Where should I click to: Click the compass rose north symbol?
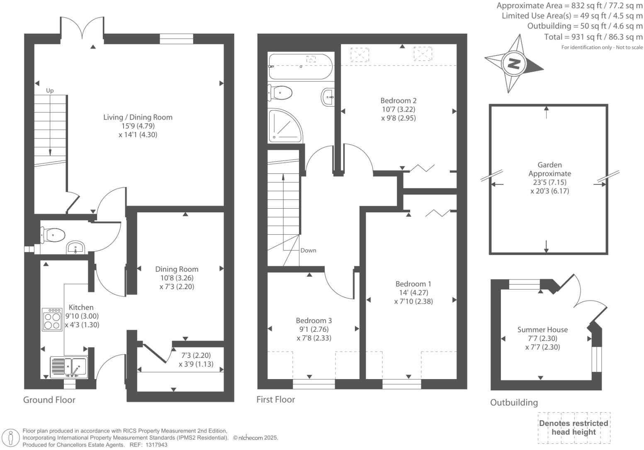[514, 64]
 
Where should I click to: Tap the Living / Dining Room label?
[138, 117]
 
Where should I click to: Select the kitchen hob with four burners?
[52, 319]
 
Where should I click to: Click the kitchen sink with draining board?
[68, 367]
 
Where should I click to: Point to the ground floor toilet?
[53, 235]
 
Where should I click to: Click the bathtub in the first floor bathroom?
[300, 67]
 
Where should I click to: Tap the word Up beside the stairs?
[50, 90]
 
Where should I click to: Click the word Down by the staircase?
[308, 251]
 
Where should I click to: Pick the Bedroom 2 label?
[398, 100]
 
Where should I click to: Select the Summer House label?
[542, 330]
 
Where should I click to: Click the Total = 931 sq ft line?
[593, 37]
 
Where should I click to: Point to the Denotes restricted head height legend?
[574, 428]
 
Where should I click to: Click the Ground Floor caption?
[49, 400]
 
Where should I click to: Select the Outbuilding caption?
[514, 402]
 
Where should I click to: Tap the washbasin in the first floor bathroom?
[328, 97]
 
